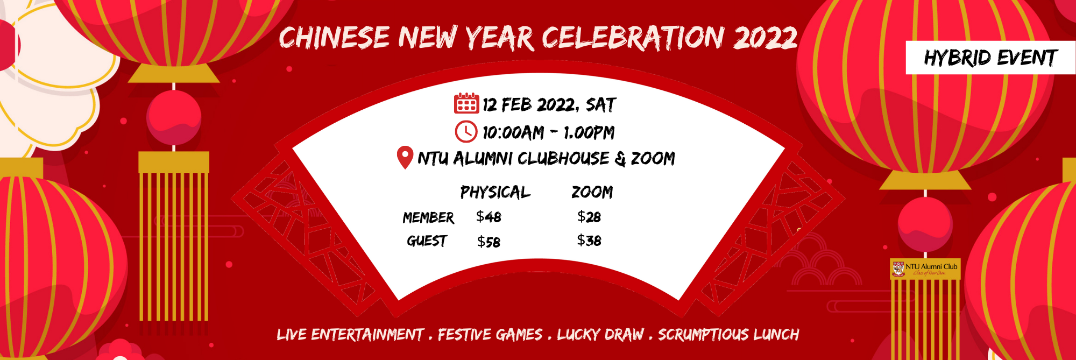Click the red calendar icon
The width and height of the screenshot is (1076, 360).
466,103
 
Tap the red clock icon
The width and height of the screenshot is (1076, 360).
466,132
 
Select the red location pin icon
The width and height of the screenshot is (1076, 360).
405,158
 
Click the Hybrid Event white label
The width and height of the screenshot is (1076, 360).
990,58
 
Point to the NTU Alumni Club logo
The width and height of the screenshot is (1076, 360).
925,269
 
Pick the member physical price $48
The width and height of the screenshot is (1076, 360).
489,217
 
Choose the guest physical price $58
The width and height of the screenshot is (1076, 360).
489,242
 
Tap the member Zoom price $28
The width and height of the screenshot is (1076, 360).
589,217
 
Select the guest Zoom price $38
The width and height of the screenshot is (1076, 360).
589,241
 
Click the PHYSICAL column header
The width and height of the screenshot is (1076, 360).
495,192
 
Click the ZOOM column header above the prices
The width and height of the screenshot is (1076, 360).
592,192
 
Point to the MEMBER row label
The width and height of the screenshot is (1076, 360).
428,217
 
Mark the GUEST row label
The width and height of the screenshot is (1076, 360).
427,241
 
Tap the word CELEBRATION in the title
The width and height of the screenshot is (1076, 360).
633,38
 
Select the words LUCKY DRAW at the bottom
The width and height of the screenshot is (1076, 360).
600,335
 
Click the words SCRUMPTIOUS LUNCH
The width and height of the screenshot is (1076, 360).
728,335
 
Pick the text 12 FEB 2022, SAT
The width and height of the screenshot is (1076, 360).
549,104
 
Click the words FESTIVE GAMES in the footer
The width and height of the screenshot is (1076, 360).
490,335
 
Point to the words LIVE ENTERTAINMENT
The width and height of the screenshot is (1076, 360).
350,335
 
